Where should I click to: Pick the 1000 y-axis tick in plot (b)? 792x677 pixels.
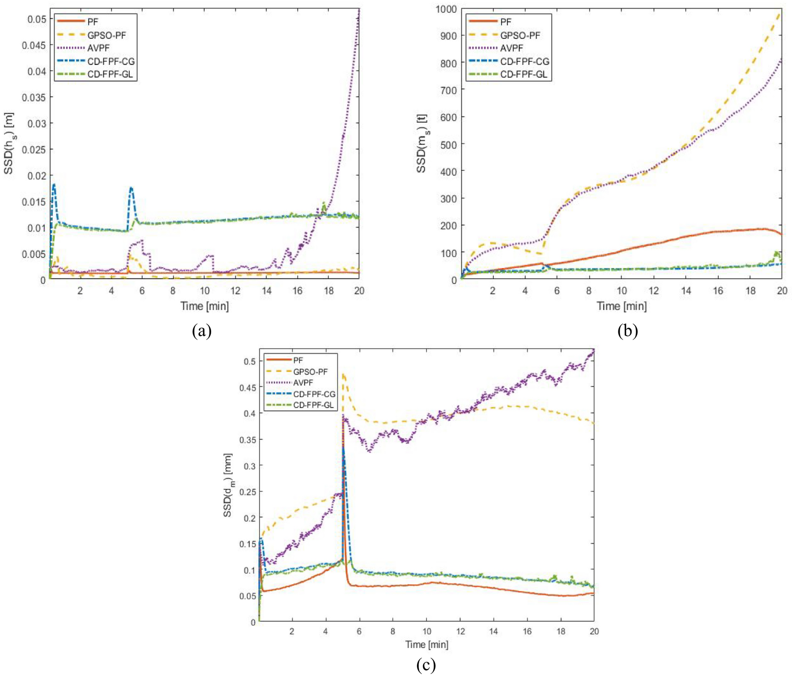(x=446, y=9)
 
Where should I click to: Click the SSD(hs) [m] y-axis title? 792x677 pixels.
(x=9, y=143)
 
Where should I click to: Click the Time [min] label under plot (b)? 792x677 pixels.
(x=622, y=306)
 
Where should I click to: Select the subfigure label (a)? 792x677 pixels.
(x=201, y=331)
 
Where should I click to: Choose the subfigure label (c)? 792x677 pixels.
(x=426, y=665)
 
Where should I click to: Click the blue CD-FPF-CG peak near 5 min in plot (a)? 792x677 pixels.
(x=131, y=188)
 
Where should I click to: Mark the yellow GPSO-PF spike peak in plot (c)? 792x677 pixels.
(x=344, y=374)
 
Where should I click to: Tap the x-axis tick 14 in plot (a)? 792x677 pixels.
(x=267, y=291)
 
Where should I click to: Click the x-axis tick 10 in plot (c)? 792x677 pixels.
(x=427, y=631)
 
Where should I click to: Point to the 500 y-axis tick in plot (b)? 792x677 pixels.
(x=449, y=144)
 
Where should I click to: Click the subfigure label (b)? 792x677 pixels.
(x=627, y=331)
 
